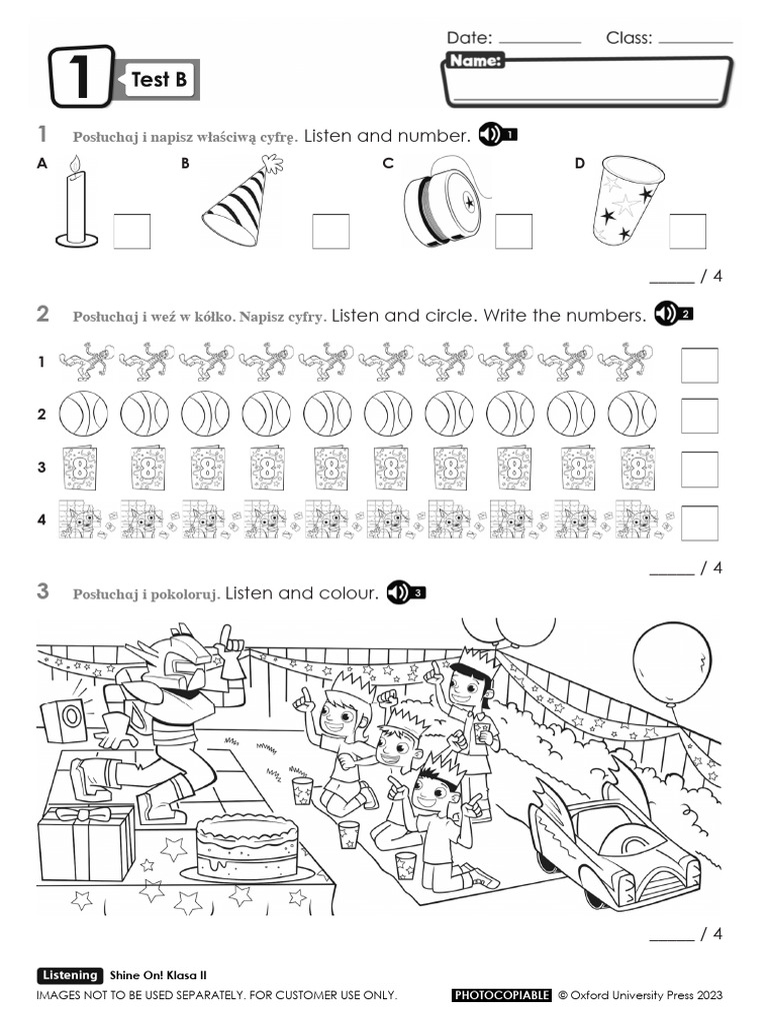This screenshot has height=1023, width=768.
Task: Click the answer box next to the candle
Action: click(x=131, y=232)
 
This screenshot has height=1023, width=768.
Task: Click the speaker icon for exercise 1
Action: click(x=497, y=135)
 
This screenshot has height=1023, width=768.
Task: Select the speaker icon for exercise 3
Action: click(x=406, y=592)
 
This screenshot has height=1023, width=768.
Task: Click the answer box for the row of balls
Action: click(x=699, y=415)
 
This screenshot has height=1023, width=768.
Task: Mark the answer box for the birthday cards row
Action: click(x=699, y=469)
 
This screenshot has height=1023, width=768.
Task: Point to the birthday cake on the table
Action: click(x=247, y=847)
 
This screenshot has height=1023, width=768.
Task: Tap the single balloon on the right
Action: click(x=671, y=661)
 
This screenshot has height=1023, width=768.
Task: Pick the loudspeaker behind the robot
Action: click(x=64, y=720)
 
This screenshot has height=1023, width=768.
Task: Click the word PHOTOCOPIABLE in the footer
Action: click(x=501, y=995)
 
